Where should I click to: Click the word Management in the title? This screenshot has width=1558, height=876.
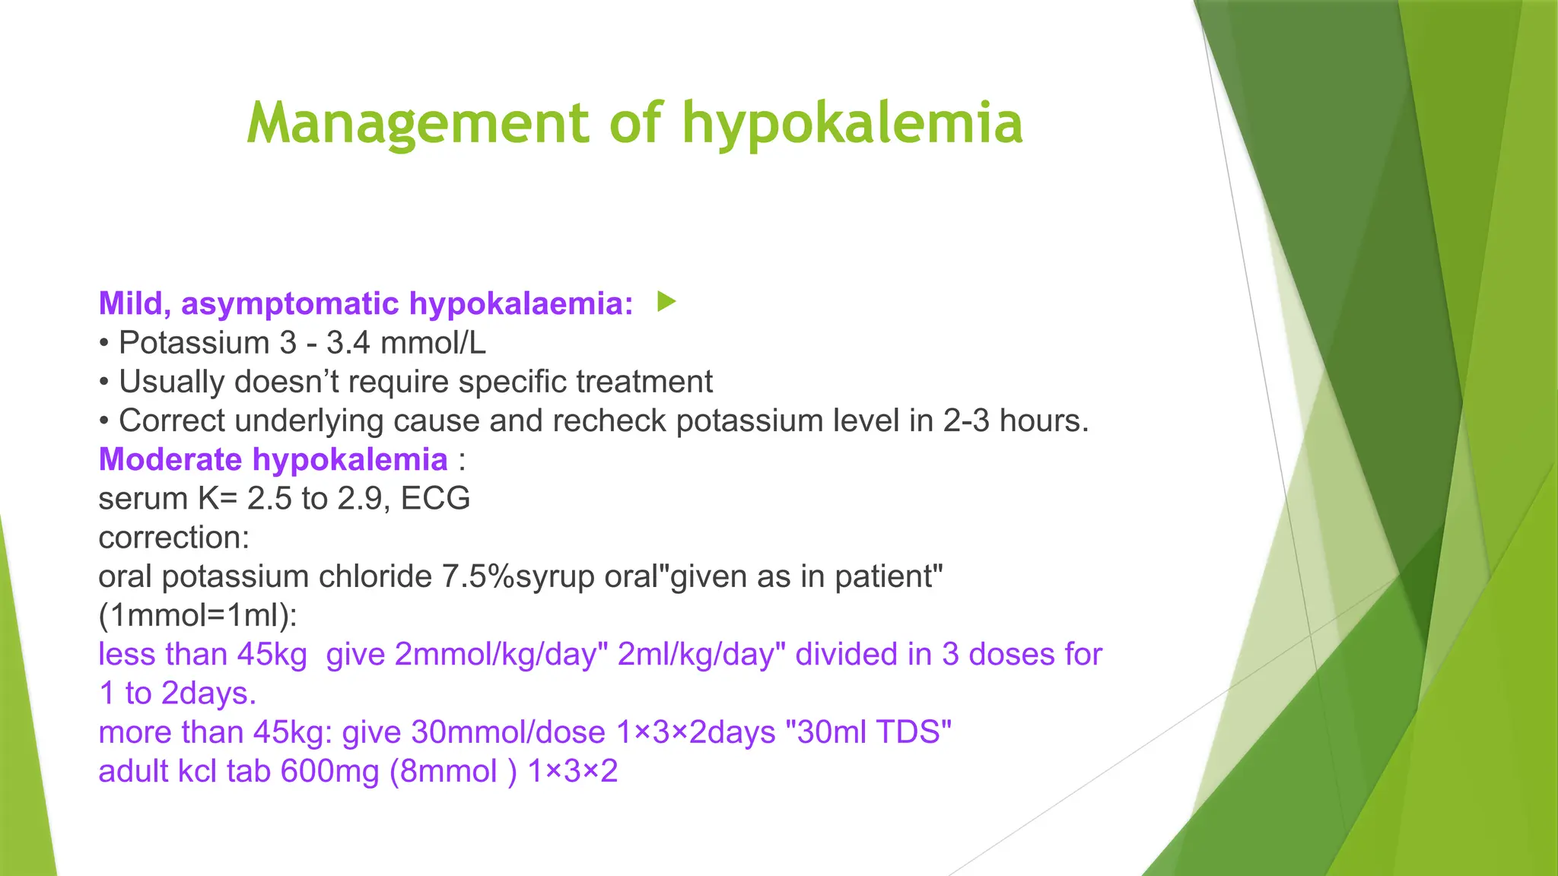pos(418,124)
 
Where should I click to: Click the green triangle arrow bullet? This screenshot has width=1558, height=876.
pos(666,302)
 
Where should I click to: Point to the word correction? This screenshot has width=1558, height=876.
pos(174,538)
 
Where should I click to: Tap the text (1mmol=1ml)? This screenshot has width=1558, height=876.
pos(198,615)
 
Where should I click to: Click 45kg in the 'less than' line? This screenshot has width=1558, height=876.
pos(272,655)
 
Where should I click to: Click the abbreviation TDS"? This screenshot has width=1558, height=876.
pos(914,732)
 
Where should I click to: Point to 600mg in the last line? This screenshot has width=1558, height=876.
pos(329,771)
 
